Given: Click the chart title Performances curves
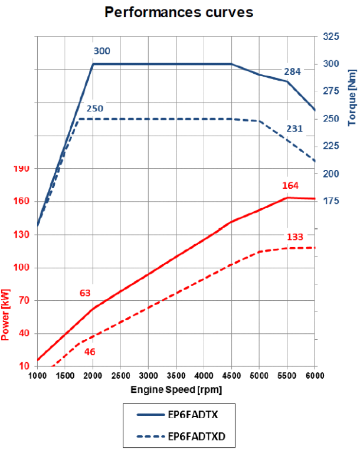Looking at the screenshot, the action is click(x=179, y=12).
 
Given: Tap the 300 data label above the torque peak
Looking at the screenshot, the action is click(x=102, y=51).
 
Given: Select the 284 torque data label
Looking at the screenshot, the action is click(x=292, y=71).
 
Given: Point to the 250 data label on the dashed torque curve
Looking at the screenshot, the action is click(x=95, y=109).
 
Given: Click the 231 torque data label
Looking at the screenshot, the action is click(x=294, y=129).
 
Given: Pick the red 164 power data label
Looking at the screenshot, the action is click(x=290, y=185).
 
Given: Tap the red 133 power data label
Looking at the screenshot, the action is click(x=295, y=237).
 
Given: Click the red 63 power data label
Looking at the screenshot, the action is click(x=85, y=293).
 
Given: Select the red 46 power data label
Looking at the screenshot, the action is click(x=90, y=352).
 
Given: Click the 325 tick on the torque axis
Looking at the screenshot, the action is click(x=331, y=37).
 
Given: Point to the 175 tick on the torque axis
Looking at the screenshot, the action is click(x=331, y=201).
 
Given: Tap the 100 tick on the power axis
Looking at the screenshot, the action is click(x=21, y=267).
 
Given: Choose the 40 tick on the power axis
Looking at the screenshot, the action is click(x=24, y=333).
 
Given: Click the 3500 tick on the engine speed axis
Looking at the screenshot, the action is click(x=176, y=376).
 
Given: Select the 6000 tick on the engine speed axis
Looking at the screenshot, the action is click(x=315, y=376).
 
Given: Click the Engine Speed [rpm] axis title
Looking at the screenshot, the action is click(x=176, y=390).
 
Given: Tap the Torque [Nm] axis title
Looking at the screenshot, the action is click(x=352, y=98).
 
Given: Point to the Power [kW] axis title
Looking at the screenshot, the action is click(x=5, y=315).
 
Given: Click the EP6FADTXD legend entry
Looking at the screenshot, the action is click(x=181, y=436).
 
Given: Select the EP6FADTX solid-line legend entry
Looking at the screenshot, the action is click(x=177, y=415).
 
